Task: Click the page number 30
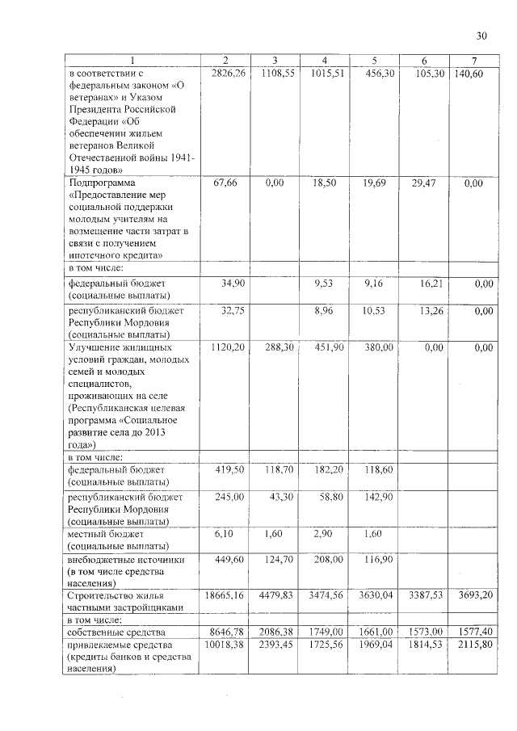point(481,36)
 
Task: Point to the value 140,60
point(468,74)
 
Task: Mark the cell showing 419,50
point(229,468)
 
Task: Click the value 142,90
point(378,496)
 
